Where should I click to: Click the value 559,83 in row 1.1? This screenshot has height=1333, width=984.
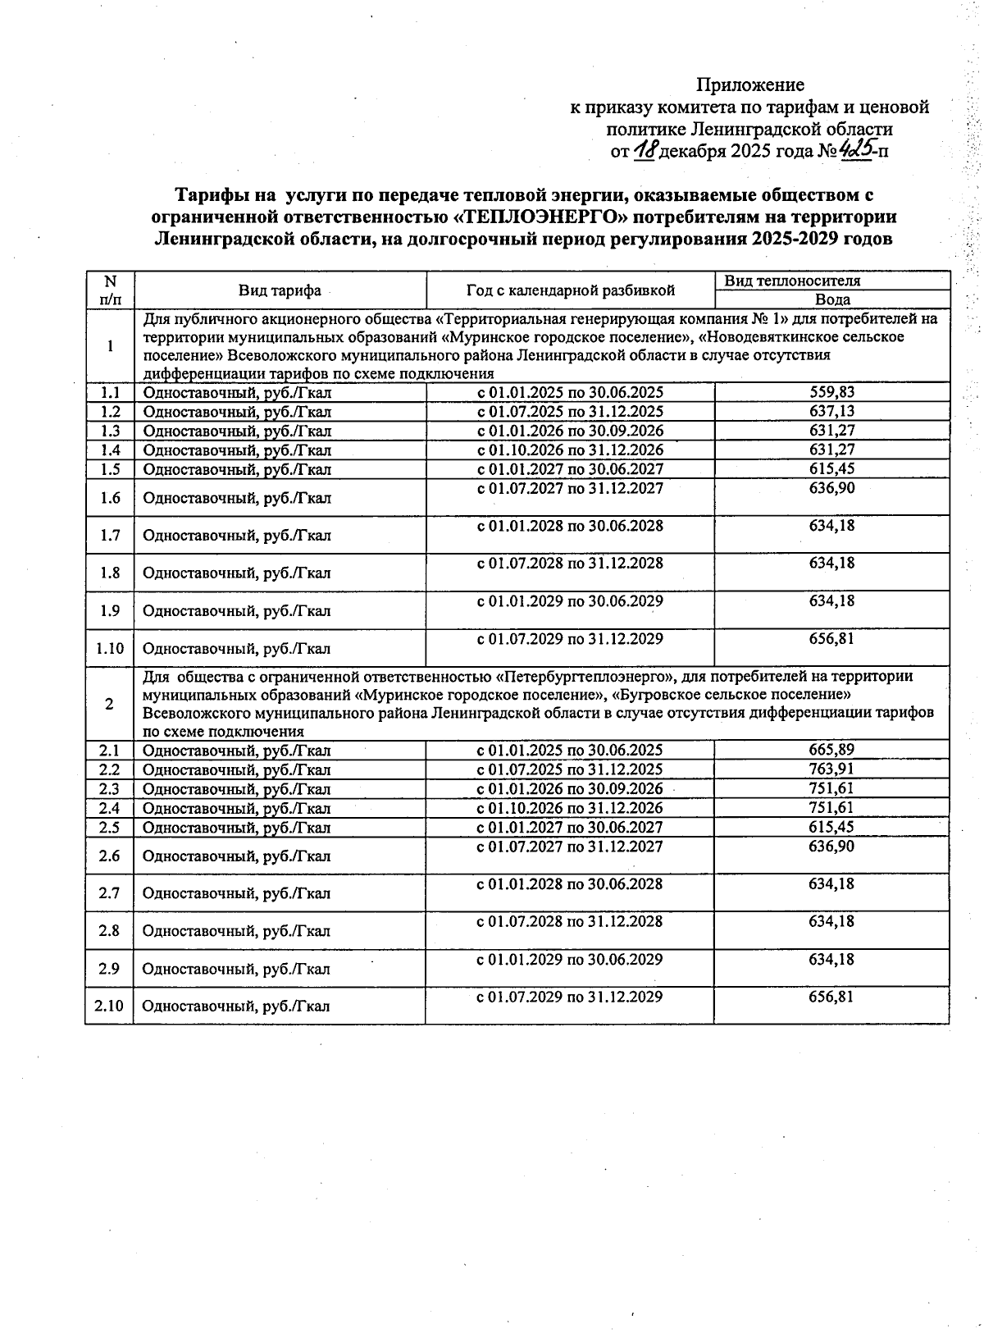pyautogui.click(x=831, y=392)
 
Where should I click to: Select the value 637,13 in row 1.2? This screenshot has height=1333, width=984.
pyautogui.click(x=831, y=411)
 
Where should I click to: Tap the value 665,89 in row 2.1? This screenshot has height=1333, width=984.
pyautogui.click(x=831, y=750)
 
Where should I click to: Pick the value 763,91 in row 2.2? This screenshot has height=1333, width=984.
pyautogui.click(x=831, y=769)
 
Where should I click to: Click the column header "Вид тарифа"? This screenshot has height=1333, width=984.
pyautogui.click(x=280, y=290)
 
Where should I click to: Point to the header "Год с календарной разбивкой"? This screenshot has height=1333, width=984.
pyautogui.click(x=570, y=290)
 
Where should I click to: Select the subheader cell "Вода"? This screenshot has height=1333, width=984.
pyautogui.click(x=831, y=299)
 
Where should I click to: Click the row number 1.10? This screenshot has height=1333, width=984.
pyautogui.click(x=109, y=648)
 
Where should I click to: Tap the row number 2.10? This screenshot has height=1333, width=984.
pyautogui.click(x=109, y=1006)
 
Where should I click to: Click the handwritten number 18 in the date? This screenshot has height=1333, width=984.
pyautogui.click(x=645, y=150)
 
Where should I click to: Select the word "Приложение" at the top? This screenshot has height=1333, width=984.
pyautogui.click(x=749, y=85)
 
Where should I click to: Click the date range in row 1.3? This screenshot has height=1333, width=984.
pyautogui.click(x=570, y=431)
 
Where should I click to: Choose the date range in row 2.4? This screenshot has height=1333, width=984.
pyautogui.click(x=570, y=808)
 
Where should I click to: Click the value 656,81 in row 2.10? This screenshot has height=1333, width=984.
pyautogui.click(x=831, y=997)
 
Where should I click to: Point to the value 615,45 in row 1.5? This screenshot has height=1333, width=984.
pyautogui.click(x=831, y=469)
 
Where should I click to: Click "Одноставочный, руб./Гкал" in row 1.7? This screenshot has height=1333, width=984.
pyautogui.click(x=237, y=536)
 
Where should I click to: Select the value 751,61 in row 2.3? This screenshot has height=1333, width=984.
pyautogui.click(x=831, y=788)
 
